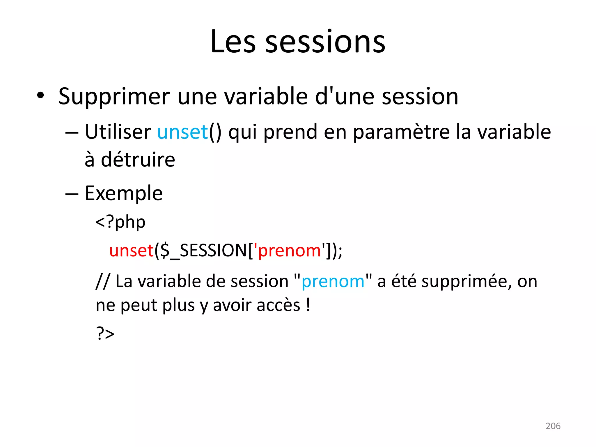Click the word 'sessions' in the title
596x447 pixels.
click(325, 42)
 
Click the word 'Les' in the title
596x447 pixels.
click(233, 42)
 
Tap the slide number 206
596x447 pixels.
click(553, 426)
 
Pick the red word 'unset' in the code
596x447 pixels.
click(131, 251)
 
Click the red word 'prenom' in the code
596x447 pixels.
click(289, 251)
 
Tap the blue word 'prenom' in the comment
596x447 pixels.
click(333, 282)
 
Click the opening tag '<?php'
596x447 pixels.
click(120, 222)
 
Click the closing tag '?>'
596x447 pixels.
click(105, 334)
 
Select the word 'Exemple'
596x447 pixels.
click(123, 194)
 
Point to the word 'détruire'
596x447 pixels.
click(138, 160)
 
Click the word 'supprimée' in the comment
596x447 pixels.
click(466, 282)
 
